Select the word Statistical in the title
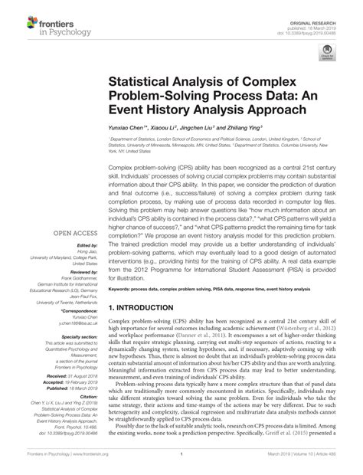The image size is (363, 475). click(x=141, y=80)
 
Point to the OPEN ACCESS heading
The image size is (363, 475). click(x=74, y=232)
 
